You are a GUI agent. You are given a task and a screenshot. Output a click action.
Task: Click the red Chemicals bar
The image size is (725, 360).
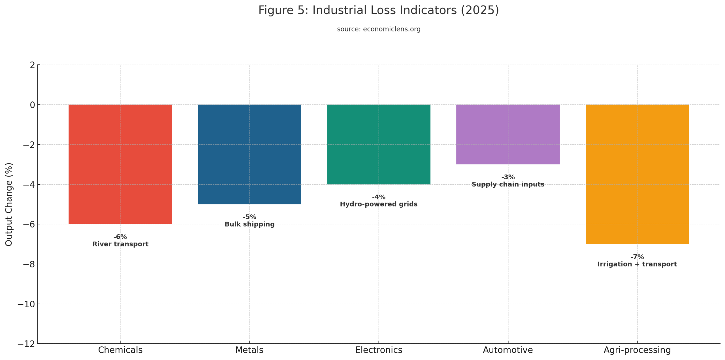(x=120, y=164)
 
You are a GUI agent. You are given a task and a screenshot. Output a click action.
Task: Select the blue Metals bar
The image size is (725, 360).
(x=249, y=154)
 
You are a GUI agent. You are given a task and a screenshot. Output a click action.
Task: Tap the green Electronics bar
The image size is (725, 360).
(x=378, y=144)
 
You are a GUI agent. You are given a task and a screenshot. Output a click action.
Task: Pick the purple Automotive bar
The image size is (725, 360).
(x=507, y=134)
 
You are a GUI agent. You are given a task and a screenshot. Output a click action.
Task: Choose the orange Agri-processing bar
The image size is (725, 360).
(x=637, y=174)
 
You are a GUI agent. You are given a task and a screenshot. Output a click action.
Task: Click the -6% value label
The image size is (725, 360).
(x=120, y=237)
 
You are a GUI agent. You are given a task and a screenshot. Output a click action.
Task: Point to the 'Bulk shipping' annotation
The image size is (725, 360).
(x=249, y=224)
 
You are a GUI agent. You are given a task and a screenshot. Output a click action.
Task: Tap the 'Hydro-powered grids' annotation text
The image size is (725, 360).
(x=378, y=204)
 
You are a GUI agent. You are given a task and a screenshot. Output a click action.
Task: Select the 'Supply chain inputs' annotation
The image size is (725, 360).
(x=507, y=184)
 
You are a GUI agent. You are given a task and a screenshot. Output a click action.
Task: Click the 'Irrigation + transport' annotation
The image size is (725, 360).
(x=637, y=264)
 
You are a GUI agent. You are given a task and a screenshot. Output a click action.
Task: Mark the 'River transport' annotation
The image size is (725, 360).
(x=120, y=244)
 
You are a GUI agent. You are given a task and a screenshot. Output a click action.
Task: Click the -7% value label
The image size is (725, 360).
(x=637, y=257)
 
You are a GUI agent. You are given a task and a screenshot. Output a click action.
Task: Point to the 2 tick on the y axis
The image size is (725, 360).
(x=32, y=65)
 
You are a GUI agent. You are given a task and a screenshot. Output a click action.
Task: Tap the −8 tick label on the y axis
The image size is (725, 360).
(x=29, y=264)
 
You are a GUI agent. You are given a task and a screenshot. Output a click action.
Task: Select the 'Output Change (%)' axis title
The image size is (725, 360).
(x=9, y=204)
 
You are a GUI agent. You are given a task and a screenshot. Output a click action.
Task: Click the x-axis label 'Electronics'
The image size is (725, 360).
(x=378, y=350)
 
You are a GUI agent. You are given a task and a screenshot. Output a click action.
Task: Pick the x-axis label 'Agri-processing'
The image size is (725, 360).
(x=637, y=350)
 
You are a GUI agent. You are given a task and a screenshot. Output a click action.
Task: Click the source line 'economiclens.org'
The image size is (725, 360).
(x=391, y=29)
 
